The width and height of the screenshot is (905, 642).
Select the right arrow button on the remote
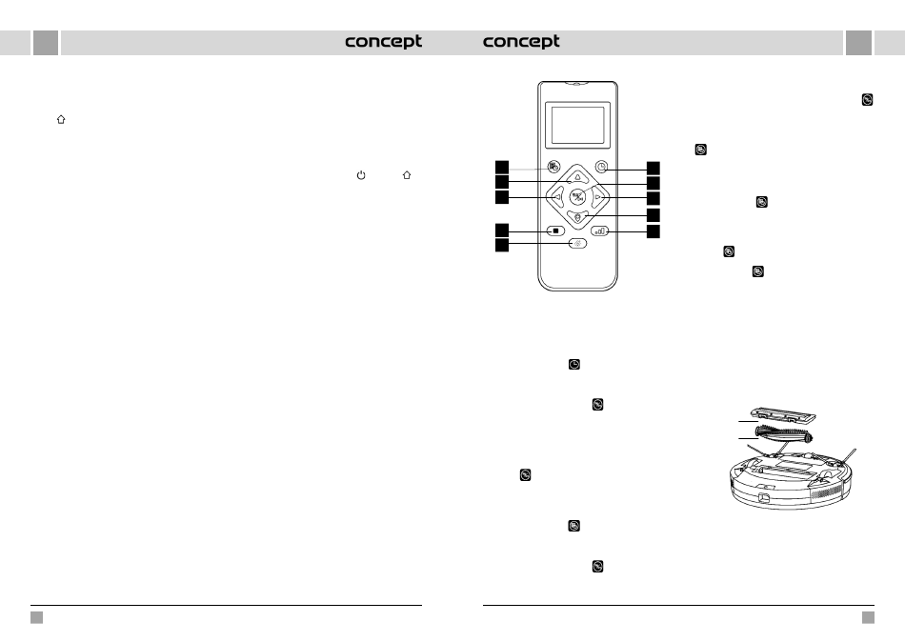pyautogui.click(x=598, y=198)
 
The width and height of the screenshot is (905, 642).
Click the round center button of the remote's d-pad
pyautogui.click(x=577, y=198)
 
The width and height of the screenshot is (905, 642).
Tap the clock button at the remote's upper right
pyautogui.click(x=601, y=167)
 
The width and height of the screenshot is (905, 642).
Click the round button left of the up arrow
pyautogui.click(x=553, y=167)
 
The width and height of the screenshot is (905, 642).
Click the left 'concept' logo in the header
pyautogui.click(x=383, y=42)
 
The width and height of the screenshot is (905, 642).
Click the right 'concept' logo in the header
pyautogui.click(x=521, y=42)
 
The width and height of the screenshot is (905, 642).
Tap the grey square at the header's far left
pyautogui.click(x=46, y=43)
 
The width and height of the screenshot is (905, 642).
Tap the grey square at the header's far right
pyautogui.click(x=858, y=43)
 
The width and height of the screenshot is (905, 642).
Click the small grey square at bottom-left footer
pyautogui.click(x=37, y=617)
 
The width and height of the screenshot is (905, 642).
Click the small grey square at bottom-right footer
pyautogui.click(x=868, y=617)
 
